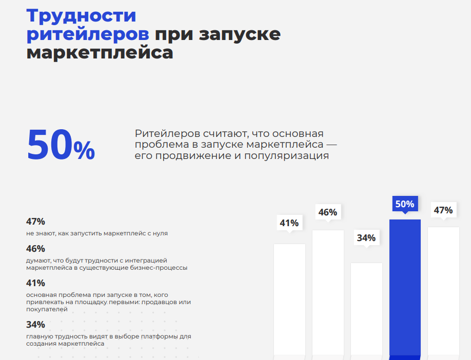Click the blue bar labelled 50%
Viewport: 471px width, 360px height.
pos(405,287)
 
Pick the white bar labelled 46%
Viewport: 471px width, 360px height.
pos(328,292)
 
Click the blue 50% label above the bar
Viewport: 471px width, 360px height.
pos(405,204)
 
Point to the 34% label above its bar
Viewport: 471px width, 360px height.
pos(366,238)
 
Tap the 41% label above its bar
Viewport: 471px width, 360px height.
pos(289,223)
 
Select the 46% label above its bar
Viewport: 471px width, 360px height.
pos(328,212)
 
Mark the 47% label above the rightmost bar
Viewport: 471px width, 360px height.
pos(443,210)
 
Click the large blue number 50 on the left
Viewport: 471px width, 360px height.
pos(49,146)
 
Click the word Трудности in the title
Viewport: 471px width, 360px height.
pos(81,16)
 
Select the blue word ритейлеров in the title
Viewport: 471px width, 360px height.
pos(88,34)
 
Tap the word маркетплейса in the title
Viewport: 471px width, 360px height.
pos(100,53)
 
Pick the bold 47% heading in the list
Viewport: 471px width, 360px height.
pos(36,222)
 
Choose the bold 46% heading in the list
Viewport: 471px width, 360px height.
pos(36,249)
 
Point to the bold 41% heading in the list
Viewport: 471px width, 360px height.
pos(36,283)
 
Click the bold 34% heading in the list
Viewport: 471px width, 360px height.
pos(36,325)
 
